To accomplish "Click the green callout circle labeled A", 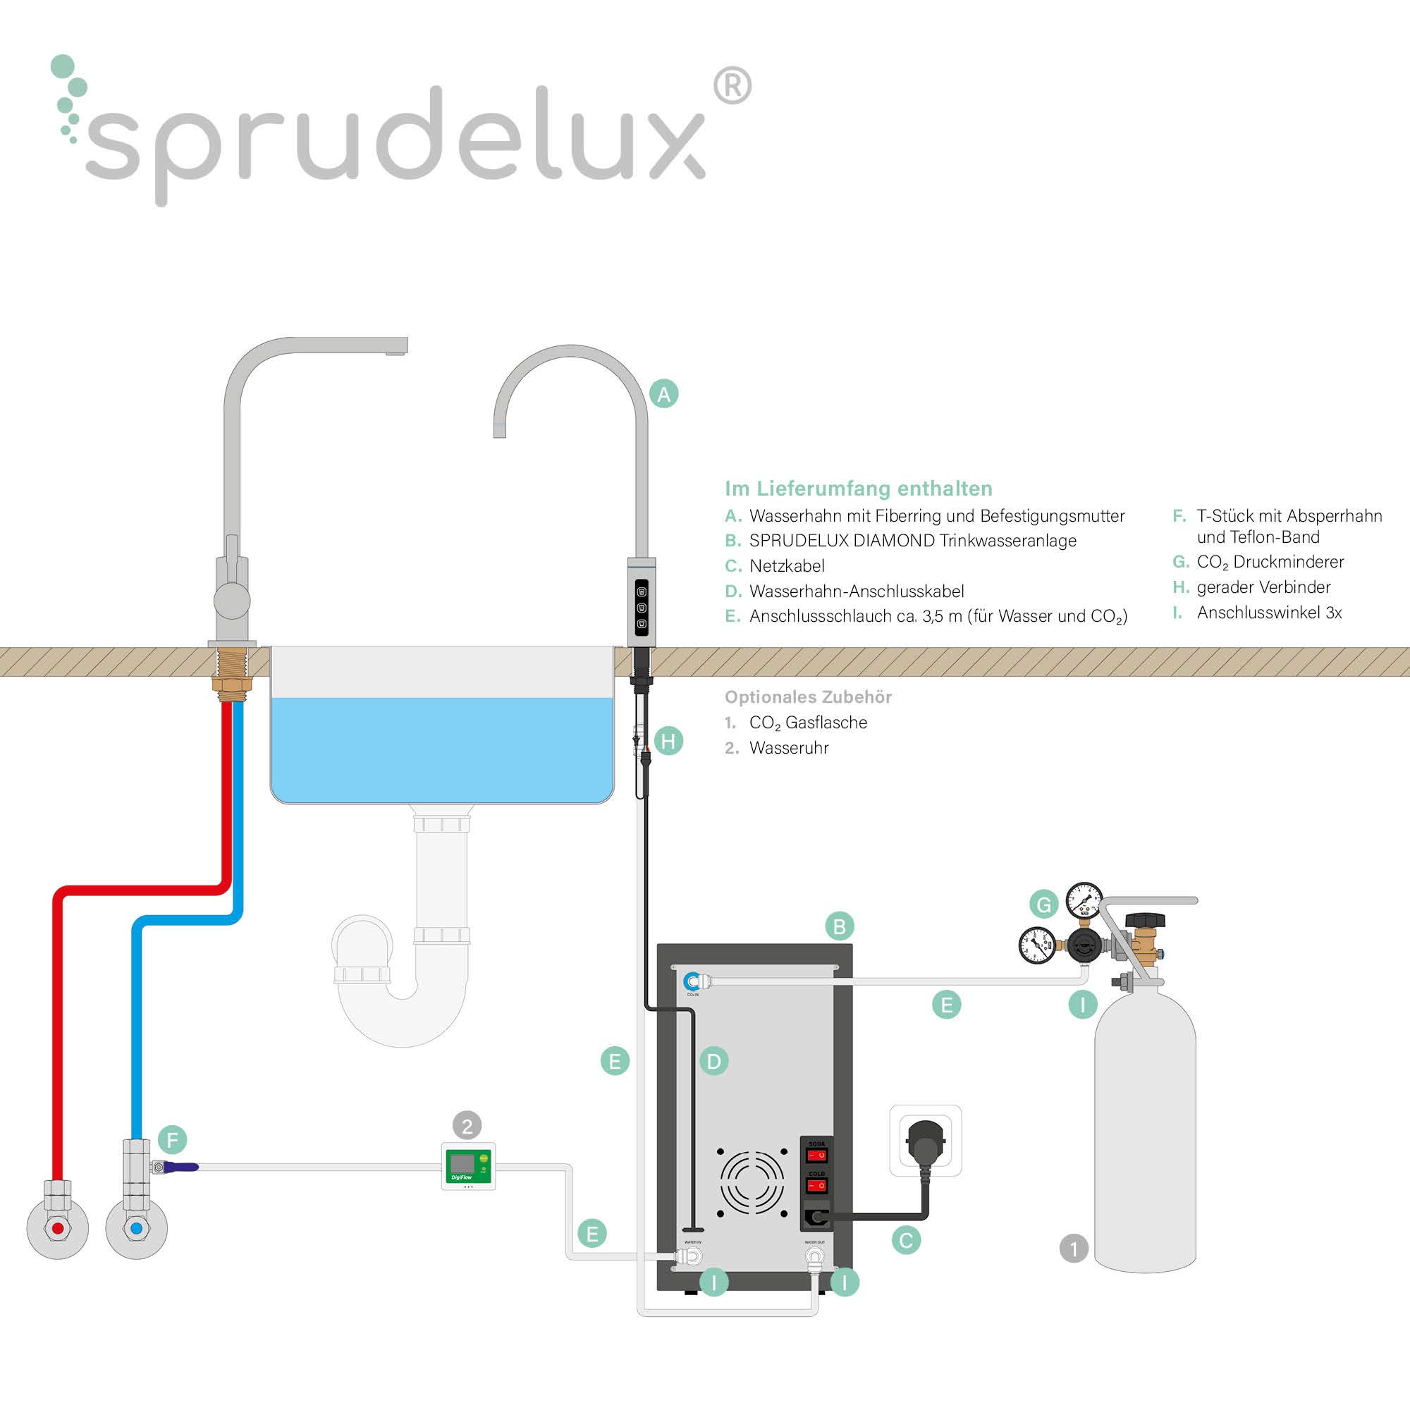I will pos(663,394).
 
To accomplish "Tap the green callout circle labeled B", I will pos(839,926).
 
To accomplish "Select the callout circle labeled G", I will pos(1043,905).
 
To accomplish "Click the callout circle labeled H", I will pos(668,742).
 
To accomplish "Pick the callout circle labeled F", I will pos(172,1139).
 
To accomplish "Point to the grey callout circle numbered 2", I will pos(467,1125).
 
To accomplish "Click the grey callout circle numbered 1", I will pos(1074,1248).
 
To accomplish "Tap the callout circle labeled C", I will pos(907,1240).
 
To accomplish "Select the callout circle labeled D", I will pos(713,1061).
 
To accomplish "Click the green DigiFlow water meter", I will pos(469,1165).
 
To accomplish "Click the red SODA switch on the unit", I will pos(816,1155).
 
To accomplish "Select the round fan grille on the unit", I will pos(752,1181).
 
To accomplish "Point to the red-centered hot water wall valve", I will pos(58,1229).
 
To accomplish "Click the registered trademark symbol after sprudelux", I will pos(731,86).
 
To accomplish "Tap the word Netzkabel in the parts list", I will pos(787,565).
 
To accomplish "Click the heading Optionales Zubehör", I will pos(808,697).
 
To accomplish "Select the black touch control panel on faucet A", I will pos(642,607).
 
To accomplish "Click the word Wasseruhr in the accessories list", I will pos(789,747).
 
